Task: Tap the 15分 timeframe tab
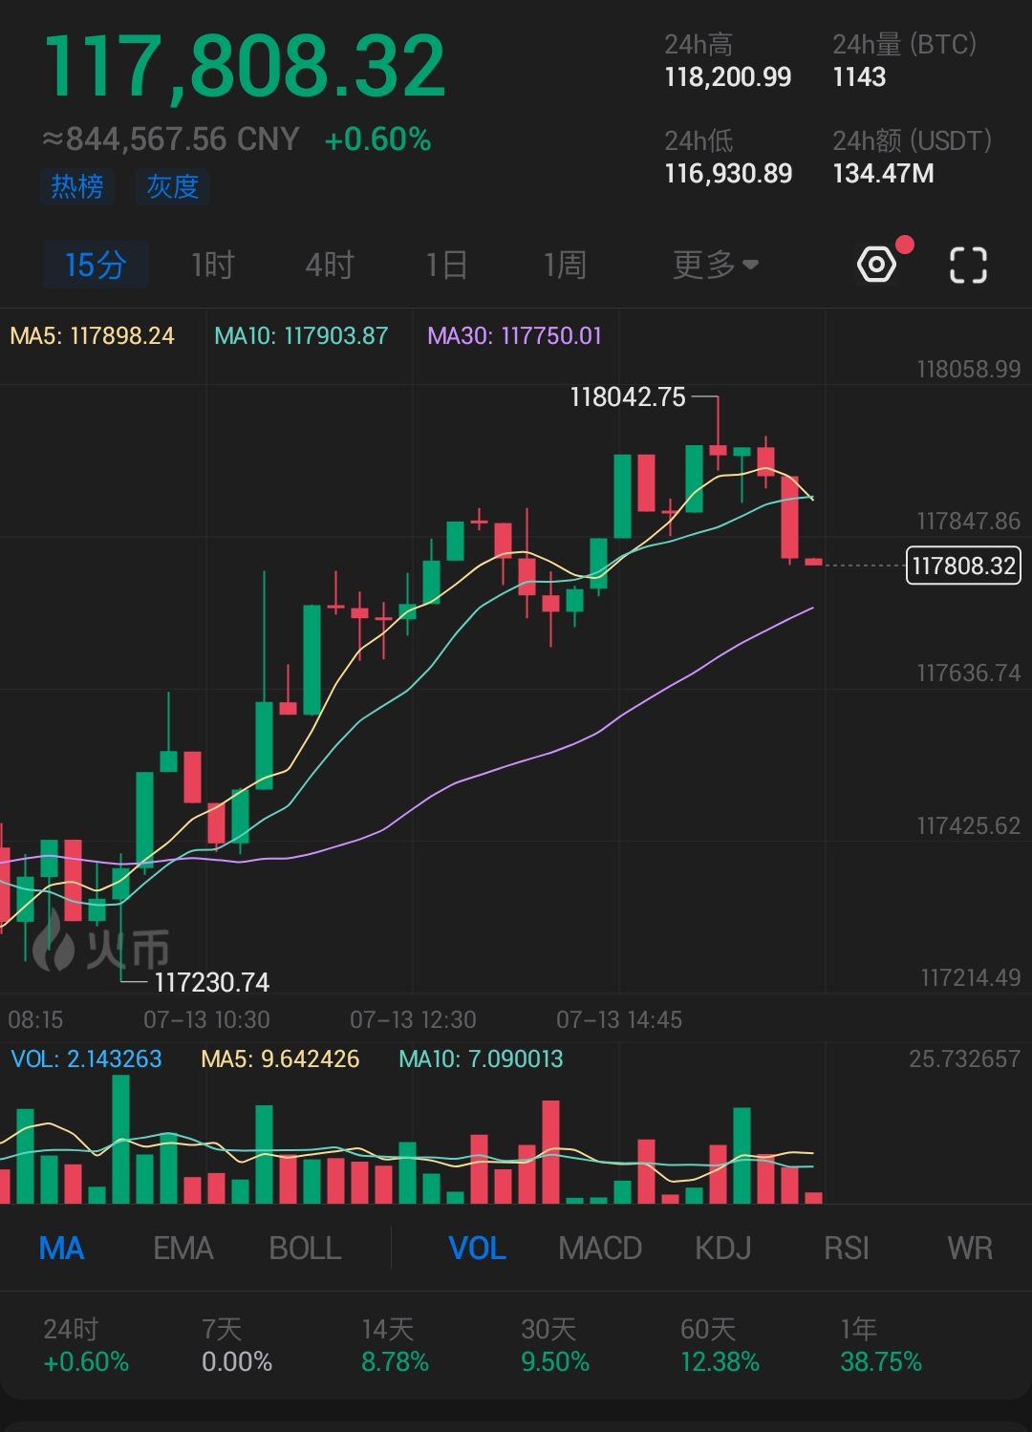(96, 265)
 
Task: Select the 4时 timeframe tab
(330, 265)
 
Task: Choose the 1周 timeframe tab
(565, 265)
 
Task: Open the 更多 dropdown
(715, 265)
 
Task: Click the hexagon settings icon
(877, 265)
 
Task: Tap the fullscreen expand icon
(968, 265)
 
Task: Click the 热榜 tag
(77, 186)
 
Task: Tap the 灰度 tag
(172, 186)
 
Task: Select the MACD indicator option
(600, 1249)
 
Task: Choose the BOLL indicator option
(305, 1249)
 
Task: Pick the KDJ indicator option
(722, 1249)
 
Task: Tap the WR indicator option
(970, 1249)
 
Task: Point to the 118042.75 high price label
(628, 397)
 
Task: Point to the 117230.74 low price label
(211, 982)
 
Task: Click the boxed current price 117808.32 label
(963, 566)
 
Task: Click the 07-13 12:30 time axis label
(413, 1020)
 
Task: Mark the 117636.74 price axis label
(968, 673)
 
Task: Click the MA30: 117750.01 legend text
(514, 336)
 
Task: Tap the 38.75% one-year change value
(880, 1361)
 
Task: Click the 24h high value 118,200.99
(728, 77)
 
